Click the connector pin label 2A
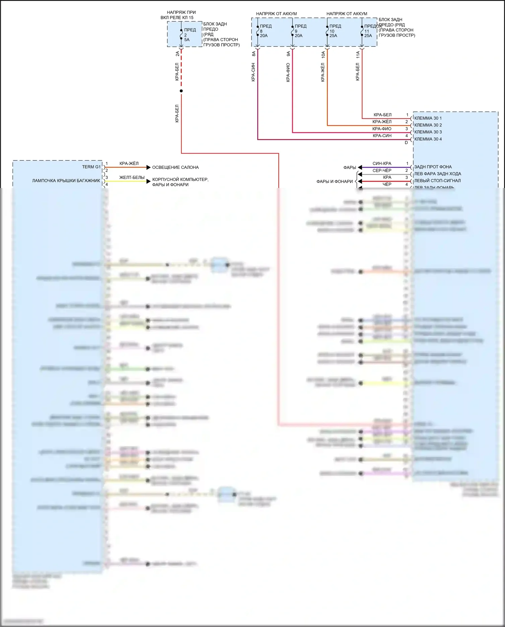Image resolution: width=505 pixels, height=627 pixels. point(177,53)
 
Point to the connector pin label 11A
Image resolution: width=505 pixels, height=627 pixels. point(358,55)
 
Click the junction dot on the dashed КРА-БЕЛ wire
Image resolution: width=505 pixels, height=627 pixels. point(181,91)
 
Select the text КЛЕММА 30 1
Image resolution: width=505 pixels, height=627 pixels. point(428,118)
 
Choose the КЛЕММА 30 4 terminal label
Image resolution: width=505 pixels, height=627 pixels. point(428,139)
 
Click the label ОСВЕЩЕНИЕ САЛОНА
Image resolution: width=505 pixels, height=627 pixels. point(175,167)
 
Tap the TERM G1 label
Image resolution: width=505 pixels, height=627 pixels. point(91,167)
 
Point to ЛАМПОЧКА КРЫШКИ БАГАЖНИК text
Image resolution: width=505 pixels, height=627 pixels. point(66,181)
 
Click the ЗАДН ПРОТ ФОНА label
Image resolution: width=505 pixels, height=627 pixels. point(433,167)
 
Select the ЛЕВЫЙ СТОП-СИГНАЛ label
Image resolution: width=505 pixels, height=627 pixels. point(437,181)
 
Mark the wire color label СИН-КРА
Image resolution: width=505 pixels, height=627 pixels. point(382,163)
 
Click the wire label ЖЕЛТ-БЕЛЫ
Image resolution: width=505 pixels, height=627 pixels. point(132,178)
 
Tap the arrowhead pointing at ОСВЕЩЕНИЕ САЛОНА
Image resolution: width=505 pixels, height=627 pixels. point(148,167)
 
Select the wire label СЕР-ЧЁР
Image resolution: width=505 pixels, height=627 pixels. point(382,170)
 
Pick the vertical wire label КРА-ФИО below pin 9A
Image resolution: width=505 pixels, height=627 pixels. point(288,72)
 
